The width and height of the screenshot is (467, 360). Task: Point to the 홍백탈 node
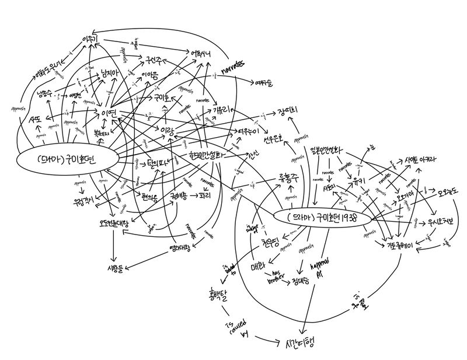click(216, 292)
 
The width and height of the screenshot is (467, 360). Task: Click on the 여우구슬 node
click(263, 82)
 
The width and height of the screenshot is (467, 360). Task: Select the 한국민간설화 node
click(203, 157)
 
